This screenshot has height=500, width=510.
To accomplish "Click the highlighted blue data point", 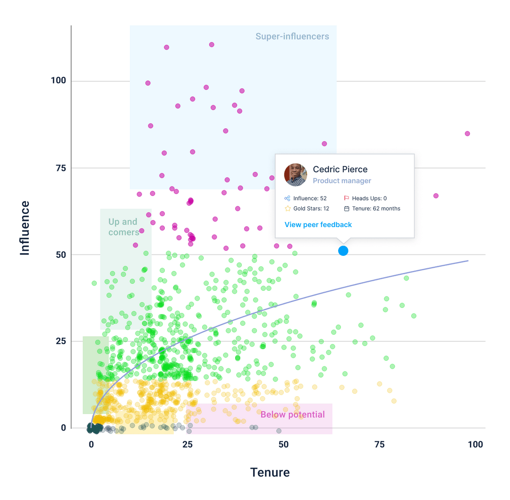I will (343, 251).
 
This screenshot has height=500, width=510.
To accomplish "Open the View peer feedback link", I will (318, 225).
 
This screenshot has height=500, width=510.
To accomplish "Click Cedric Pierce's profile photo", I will (296, 175).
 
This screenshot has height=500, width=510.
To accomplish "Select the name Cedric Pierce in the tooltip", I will (340, 169).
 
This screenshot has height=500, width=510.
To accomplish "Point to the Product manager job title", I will (342, 181).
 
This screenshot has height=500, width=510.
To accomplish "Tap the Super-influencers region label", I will (292, 36).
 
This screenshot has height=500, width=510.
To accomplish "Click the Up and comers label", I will (123, 227).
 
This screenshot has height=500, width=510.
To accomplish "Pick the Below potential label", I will (292, 415).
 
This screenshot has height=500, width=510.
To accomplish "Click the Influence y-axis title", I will (25, 228).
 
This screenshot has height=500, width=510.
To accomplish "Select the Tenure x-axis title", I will (270, 472).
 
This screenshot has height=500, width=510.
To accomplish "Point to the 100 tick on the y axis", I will (59, 81).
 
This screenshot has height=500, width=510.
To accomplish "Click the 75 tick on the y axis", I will (61, 168).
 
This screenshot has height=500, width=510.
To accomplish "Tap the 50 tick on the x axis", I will (283, 444).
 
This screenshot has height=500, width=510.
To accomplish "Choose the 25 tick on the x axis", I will (187, 444).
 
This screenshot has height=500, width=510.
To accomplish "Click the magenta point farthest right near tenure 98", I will (467, 134).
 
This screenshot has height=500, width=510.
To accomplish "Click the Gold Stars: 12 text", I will (311, 209).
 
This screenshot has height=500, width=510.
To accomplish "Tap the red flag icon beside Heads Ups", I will (347, 198).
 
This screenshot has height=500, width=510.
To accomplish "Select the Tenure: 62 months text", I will (376, 209).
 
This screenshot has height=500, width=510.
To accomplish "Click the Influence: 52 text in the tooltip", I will (310, 198).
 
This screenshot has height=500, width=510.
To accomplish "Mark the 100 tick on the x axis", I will (475, 444).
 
